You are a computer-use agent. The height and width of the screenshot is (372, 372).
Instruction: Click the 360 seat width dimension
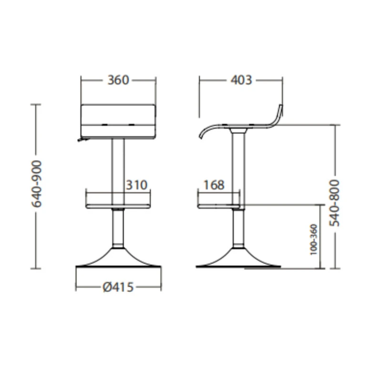(118, 80)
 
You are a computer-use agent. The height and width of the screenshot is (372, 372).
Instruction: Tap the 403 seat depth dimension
(241, 80)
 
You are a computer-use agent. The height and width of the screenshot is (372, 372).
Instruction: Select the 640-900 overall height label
(37, 184)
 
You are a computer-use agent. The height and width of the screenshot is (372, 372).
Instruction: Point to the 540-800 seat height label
(335, 203)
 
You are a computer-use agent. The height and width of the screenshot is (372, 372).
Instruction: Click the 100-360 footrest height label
(314, 239)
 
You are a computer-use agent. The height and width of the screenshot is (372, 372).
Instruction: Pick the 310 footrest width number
(136, 185)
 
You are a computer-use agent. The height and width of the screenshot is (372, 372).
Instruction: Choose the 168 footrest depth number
(214, 185)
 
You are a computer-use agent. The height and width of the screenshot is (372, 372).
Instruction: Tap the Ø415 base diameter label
(118, 287)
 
